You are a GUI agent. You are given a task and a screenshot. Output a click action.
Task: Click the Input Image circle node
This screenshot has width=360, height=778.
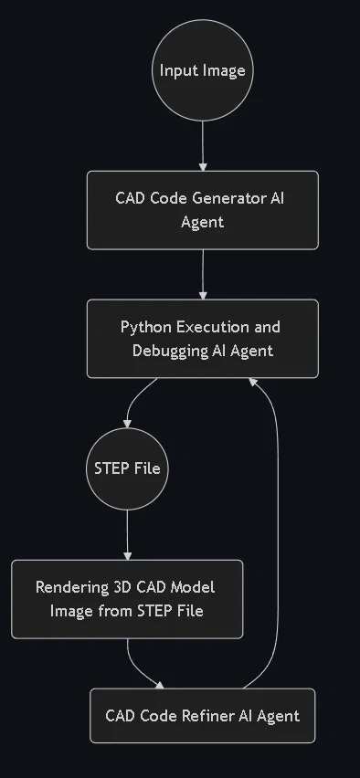[x=203, y=70]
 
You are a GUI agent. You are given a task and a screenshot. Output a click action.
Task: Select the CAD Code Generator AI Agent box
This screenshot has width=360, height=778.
[x=203, y=210]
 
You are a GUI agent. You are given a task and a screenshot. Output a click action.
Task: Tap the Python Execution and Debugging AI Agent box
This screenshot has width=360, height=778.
[x=203, y=339]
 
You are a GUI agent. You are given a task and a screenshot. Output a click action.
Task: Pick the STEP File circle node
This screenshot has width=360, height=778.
[x=127, y=468]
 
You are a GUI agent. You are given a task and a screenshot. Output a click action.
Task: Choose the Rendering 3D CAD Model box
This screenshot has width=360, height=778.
[x=127, y=599]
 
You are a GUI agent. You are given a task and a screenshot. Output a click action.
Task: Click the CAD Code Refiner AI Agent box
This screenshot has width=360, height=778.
[x=203, y=716]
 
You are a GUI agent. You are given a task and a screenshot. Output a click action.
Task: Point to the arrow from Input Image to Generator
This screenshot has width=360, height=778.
[x=203, y=146]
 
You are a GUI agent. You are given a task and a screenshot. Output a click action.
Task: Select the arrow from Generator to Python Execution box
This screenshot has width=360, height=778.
[x=203, y=274]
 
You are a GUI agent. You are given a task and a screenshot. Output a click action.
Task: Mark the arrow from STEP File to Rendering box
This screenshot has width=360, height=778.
[x=127, y=535]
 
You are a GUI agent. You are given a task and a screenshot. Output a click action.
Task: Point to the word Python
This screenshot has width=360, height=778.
[x=146, y=328]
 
